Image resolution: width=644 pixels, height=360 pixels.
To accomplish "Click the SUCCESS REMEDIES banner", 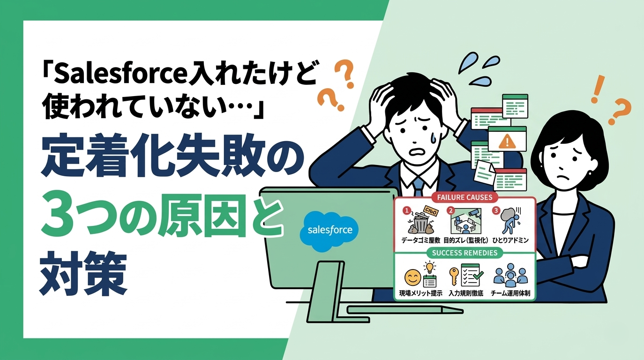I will pyautogui.click(x=465, y=253).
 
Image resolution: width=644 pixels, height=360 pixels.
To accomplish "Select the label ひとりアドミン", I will pyautogui.click(x=511, y=240).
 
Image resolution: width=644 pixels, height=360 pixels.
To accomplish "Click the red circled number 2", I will pyautogui.click(x=451, y=210).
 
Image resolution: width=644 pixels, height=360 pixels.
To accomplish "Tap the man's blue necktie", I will pyautogui.click(x=418, y=185).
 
